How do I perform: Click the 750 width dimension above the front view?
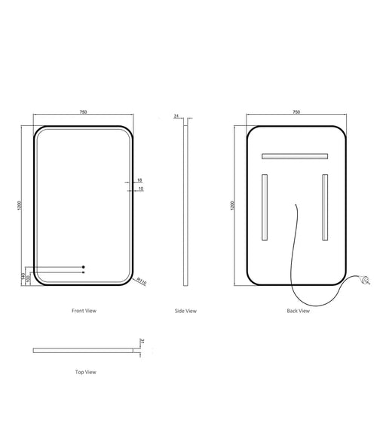point(84,112)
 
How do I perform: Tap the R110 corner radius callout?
point(141,281)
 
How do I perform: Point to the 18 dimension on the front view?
point(139,180)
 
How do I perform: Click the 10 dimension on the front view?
point(139,189)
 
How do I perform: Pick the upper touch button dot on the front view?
point(84,267)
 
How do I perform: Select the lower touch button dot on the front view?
point(84,272)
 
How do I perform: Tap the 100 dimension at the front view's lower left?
point(29,278)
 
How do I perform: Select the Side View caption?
point(185,311)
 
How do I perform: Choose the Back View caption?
point(297,311)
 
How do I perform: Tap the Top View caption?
point(85,372)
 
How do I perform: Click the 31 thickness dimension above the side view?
point(176,117)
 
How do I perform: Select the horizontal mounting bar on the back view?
point(294,157)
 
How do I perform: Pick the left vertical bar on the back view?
point(265,208)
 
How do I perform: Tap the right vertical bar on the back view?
point(325,208)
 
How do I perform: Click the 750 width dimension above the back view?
point(296,112)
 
